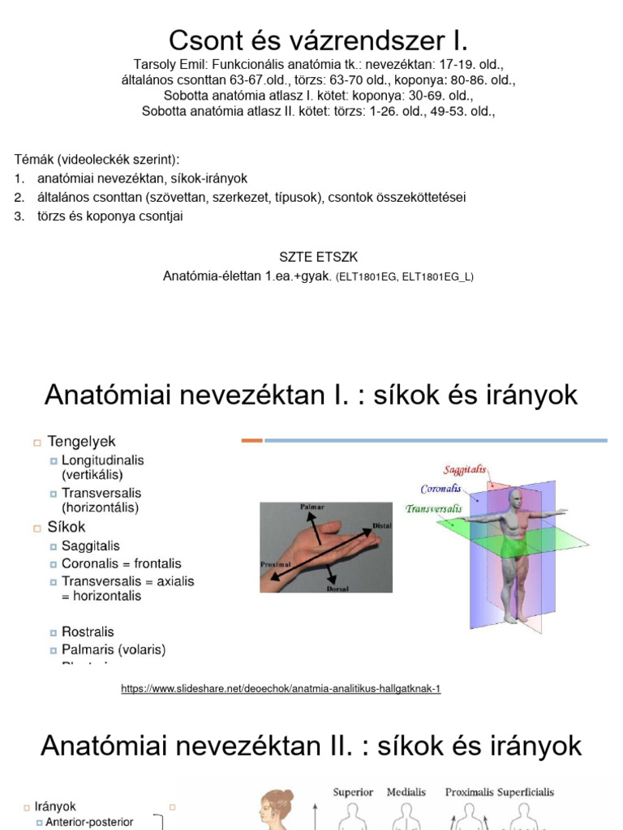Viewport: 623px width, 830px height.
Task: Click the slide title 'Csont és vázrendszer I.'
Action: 318,41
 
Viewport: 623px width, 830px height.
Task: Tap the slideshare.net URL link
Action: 281,689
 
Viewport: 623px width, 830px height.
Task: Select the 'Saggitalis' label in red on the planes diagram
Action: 465,470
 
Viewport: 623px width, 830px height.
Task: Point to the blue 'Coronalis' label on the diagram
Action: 440,489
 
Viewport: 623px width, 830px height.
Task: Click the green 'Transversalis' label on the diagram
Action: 434,509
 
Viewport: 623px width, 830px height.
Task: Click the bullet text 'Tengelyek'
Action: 81,442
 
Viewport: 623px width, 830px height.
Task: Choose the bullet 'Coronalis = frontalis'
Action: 121,563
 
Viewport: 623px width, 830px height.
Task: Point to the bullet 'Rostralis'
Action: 88,631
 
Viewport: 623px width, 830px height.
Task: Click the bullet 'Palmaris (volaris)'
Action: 114,649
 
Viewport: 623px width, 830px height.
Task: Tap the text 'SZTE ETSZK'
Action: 318,257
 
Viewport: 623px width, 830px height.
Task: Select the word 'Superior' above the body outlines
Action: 353,792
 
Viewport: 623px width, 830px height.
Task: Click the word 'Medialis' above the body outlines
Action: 407,792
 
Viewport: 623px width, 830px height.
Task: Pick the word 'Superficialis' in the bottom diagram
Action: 526,792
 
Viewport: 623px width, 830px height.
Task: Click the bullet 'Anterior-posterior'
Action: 89,822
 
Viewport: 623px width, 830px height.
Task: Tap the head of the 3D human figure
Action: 516,498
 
